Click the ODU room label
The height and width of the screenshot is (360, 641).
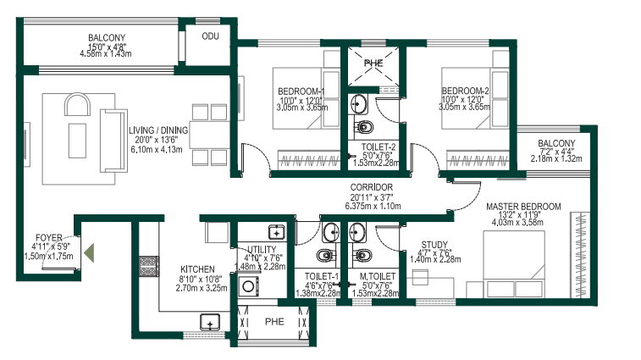(211, 36)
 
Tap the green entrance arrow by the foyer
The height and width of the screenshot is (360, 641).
(89, 252)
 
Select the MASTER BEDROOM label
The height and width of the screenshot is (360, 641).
(523, 207)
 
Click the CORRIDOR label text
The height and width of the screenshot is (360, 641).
(372, 187)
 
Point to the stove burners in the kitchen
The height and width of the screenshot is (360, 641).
(149, 266)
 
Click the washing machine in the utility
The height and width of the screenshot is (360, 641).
(248, 286)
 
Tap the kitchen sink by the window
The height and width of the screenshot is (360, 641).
(210, 322)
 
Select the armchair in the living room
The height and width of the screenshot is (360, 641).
(77, 105)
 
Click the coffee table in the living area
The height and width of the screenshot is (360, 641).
(77, 141)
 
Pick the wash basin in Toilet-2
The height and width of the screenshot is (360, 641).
(359, 104)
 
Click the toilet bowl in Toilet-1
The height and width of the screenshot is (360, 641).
(326, 256)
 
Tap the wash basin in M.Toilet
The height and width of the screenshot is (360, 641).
(357, 232)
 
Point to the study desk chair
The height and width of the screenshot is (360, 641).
(420, 277)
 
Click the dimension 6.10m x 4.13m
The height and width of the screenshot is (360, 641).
(157, 149)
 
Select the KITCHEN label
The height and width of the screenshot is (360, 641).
(197, 269)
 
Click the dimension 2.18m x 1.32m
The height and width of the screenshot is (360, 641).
(556, 158)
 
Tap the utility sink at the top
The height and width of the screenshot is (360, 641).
(277, 232)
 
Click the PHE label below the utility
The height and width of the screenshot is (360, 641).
(274, 322)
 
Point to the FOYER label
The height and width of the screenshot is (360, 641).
(48, 238)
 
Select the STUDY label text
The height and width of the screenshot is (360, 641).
(434, 245)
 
